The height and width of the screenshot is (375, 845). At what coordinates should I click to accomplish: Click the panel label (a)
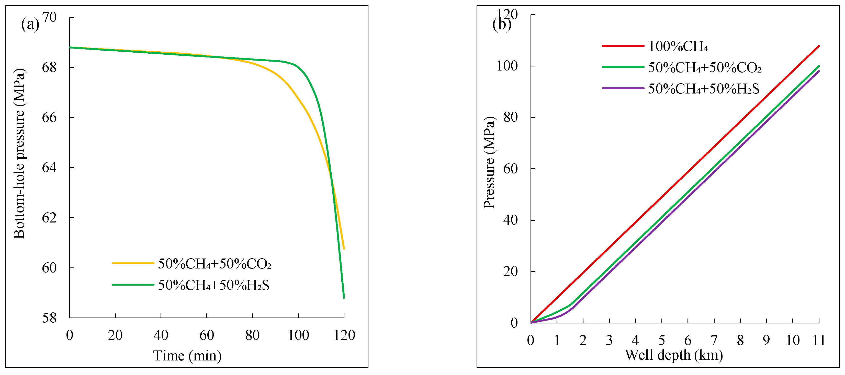30,24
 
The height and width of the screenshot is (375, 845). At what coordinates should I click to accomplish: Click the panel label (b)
502,24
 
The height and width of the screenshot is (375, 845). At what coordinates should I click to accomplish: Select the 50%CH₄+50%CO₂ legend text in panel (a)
215,264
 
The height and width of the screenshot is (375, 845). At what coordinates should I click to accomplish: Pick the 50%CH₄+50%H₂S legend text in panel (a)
213,285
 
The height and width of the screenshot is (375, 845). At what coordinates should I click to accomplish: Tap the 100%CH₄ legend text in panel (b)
678,46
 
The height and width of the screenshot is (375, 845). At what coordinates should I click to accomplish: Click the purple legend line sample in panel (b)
623,88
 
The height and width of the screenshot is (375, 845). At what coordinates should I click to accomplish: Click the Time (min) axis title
187,356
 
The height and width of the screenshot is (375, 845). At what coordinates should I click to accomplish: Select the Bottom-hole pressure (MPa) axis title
19,154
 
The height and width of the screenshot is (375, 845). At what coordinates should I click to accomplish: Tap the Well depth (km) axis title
674,355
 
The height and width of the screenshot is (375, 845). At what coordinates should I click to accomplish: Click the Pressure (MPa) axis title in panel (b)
489,162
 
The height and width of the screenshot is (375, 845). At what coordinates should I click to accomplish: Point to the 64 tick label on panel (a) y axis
49,168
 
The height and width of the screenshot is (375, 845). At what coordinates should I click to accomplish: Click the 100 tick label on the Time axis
298,335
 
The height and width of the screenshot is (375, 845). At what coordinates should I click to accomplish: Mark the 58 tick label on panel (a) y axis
49,318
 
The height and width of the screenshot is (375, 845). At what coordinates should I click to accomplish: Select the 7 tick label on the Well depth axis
714,341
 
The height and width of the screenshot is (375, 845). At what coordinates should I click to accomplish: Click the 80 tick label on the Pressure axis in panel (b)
510,117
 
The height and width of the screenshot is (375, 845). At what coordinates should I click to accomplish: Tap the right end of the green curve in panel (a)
344,298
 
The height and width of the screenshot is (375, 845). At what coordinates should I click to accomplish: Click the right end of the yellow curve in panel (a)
344,249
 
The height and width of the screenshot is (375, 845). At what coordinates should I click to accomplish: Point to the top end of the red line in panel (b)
819,46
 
